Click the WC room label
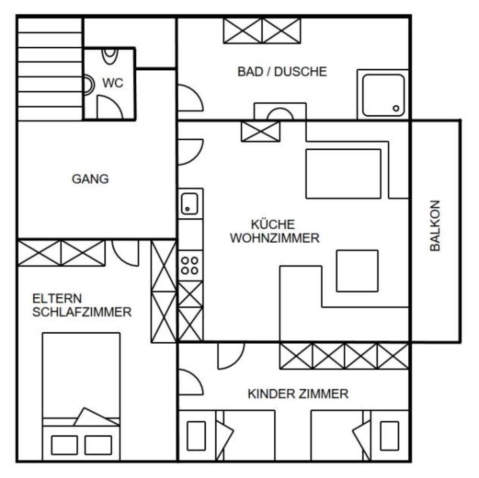coord(113,83)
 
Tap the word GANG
coord(90,179)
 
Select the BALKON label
coord(435,226)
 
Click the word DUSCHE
coord(301,72)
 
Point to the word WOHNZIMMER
coord(275,238)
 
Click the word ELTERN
coord(57,298)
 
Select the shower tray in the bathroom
coord(384,95)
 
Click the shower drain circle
coord(396,108)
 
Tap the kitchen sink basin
coord(189,204)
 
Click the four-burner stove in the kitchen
coord(190,265)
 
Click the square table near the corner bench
coord(357,271)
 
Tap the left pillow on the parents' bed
coord(65,445)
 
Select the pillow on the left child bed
coord(196,436)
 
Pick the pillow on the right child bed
coord(390,436)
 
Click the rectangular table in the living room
coord(343,174)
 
